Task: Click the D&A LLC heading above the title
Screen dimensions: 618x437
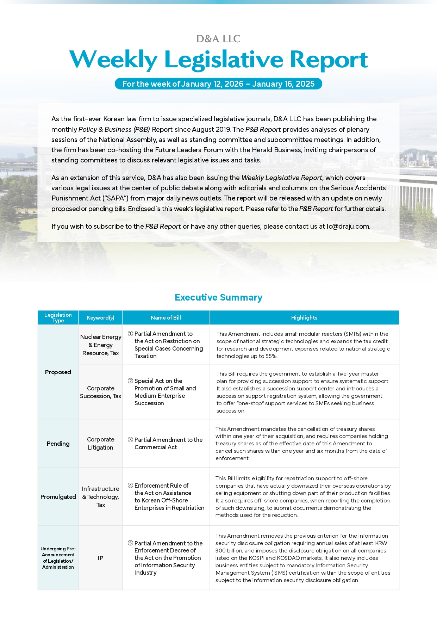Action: tap(218, 39)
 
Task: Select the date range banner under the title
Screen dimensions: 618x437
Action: tap(218, 84)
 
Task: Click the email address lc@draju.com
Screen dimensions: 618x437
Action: tap(348, 226)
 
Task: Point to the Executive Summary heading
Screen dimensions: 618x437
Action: tap(218, 297)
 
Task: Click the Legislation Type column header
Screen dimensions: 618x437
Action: tap(58, 317)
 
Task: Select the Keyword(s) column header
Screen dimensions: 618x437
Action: tap(100, 317)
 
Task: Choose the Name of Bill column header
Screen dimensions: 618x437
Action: tap(166, 317)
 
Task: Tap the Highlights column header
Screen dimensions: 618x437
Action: tap(304, 317)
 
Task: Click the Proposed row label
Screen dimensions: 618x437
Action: tap(58, 372)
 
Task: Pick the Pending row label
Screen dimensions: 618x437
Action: tap(58, 444)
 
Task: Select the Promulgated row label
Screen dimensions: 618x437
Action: tap(58, 497)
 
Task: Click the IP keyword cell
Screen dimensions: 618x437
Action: tap(100, 558)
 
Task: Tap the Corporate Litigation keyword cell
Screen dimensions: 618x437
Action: tap(100, 444)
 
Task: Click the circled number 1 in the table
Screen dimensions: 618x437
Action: tap(130, 334)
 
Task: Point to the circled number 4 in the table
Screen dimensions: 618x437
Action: tap(130, 486)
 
